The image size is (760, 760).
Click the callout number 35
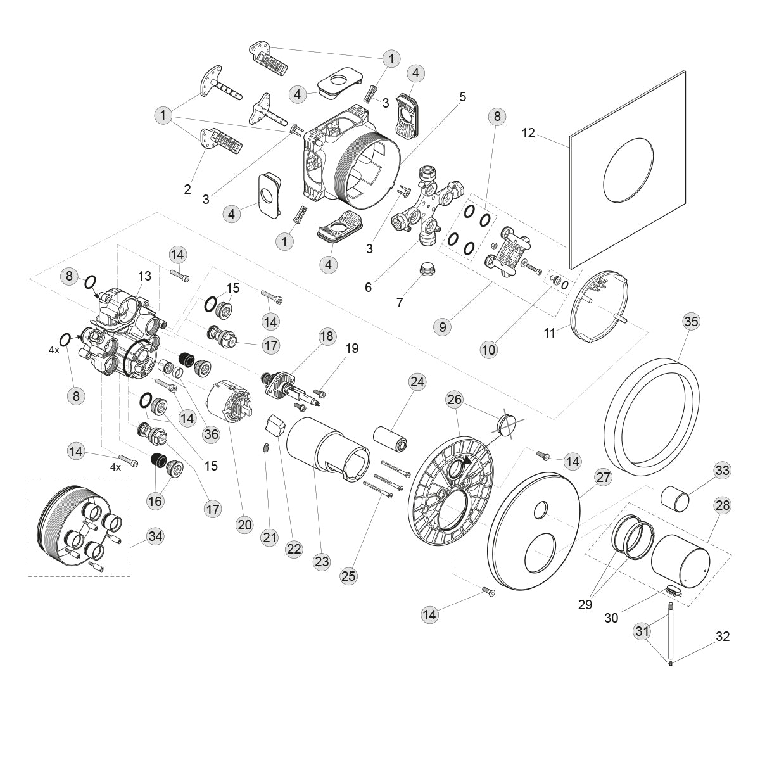pos(691,321)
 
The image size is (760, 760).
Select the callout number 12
pos(529,133)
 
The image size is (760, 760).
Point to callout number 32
pos(723,636)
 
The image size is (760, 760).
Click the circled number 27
pos(604,477)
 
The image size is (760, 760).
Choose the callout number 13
pos(145,275)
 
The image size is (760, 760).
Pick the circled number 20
pos(244,524)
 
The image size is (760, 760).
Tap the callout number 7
pos(400,303)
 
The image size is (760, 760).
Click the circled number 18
pos(327,336)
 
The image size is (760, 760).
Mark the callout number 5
pos(463,97)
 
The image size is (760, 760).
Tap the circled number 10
pos(489,350)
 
